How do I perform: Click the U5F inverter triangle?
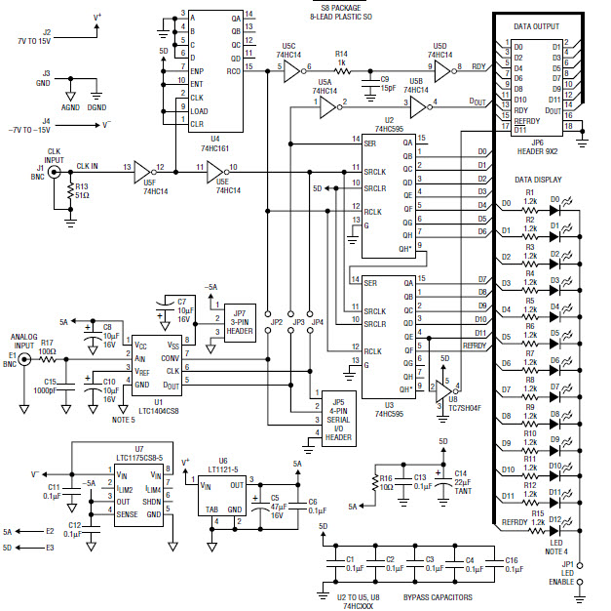click(x=139, y=168)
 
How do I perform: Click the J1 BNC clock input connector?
click(x=54, y=171)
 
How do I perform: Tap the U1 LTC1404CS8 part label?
click(x=143, y=407)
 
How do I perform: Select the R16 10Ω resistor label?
click(x=387, y=481)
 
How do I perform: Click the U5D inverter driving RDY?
click(x=439, y=67)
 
